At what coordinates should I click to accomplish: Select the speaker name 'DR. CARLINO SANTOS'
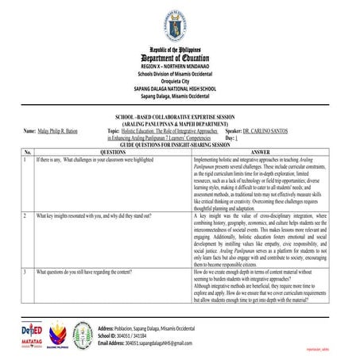(x=266, y=130)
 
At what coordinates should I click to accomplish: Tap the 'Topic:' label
(x=114, y=130)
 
